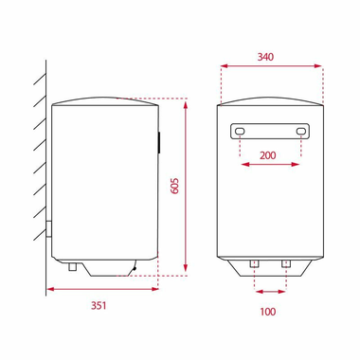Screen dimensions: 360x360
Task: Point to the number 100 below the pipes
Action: click(x=270, y=310)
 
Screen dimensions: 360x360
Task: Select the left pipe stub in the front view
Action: click(x=255, y=262)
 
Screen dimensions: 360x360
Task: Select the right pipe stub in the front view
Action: click(x=285, y=262)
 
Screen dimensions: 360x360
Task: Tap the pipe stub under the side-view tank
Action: click(x=72, y=267)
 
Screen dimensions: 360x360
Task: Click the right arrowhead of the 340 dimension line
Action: click(x=317, y=67)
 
